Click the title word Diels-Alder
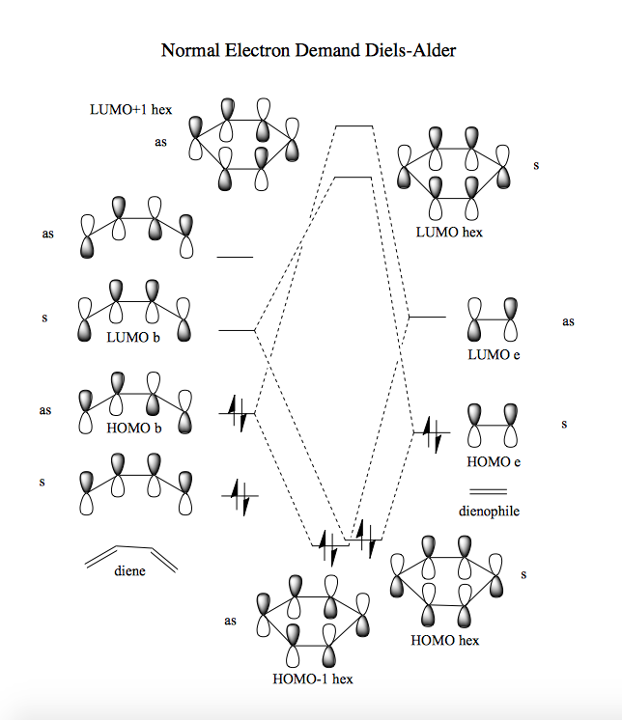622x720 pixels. [404, 50]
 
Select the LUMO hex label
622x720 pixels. [449, 232]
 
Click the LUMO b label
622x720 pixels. [134, 337]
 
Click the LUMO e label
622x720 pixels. [494, 354]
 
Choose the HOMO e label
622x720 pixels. [494, 461]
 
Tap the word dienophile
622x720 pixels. [490, 511]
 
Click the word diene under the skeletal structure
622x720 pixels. [130, 570]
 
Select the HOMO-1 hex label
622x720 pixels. [312, 678]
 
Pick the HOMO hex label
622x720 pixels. [444, 639]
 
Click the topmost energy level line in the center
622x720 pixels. [353, 126]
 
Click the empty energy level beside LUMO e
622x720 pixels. [428, 317]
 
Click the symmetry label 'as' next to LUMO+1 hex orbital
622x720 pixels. [160, 142]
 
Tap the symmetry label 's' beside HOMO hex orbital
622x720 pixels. [523, 574]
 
